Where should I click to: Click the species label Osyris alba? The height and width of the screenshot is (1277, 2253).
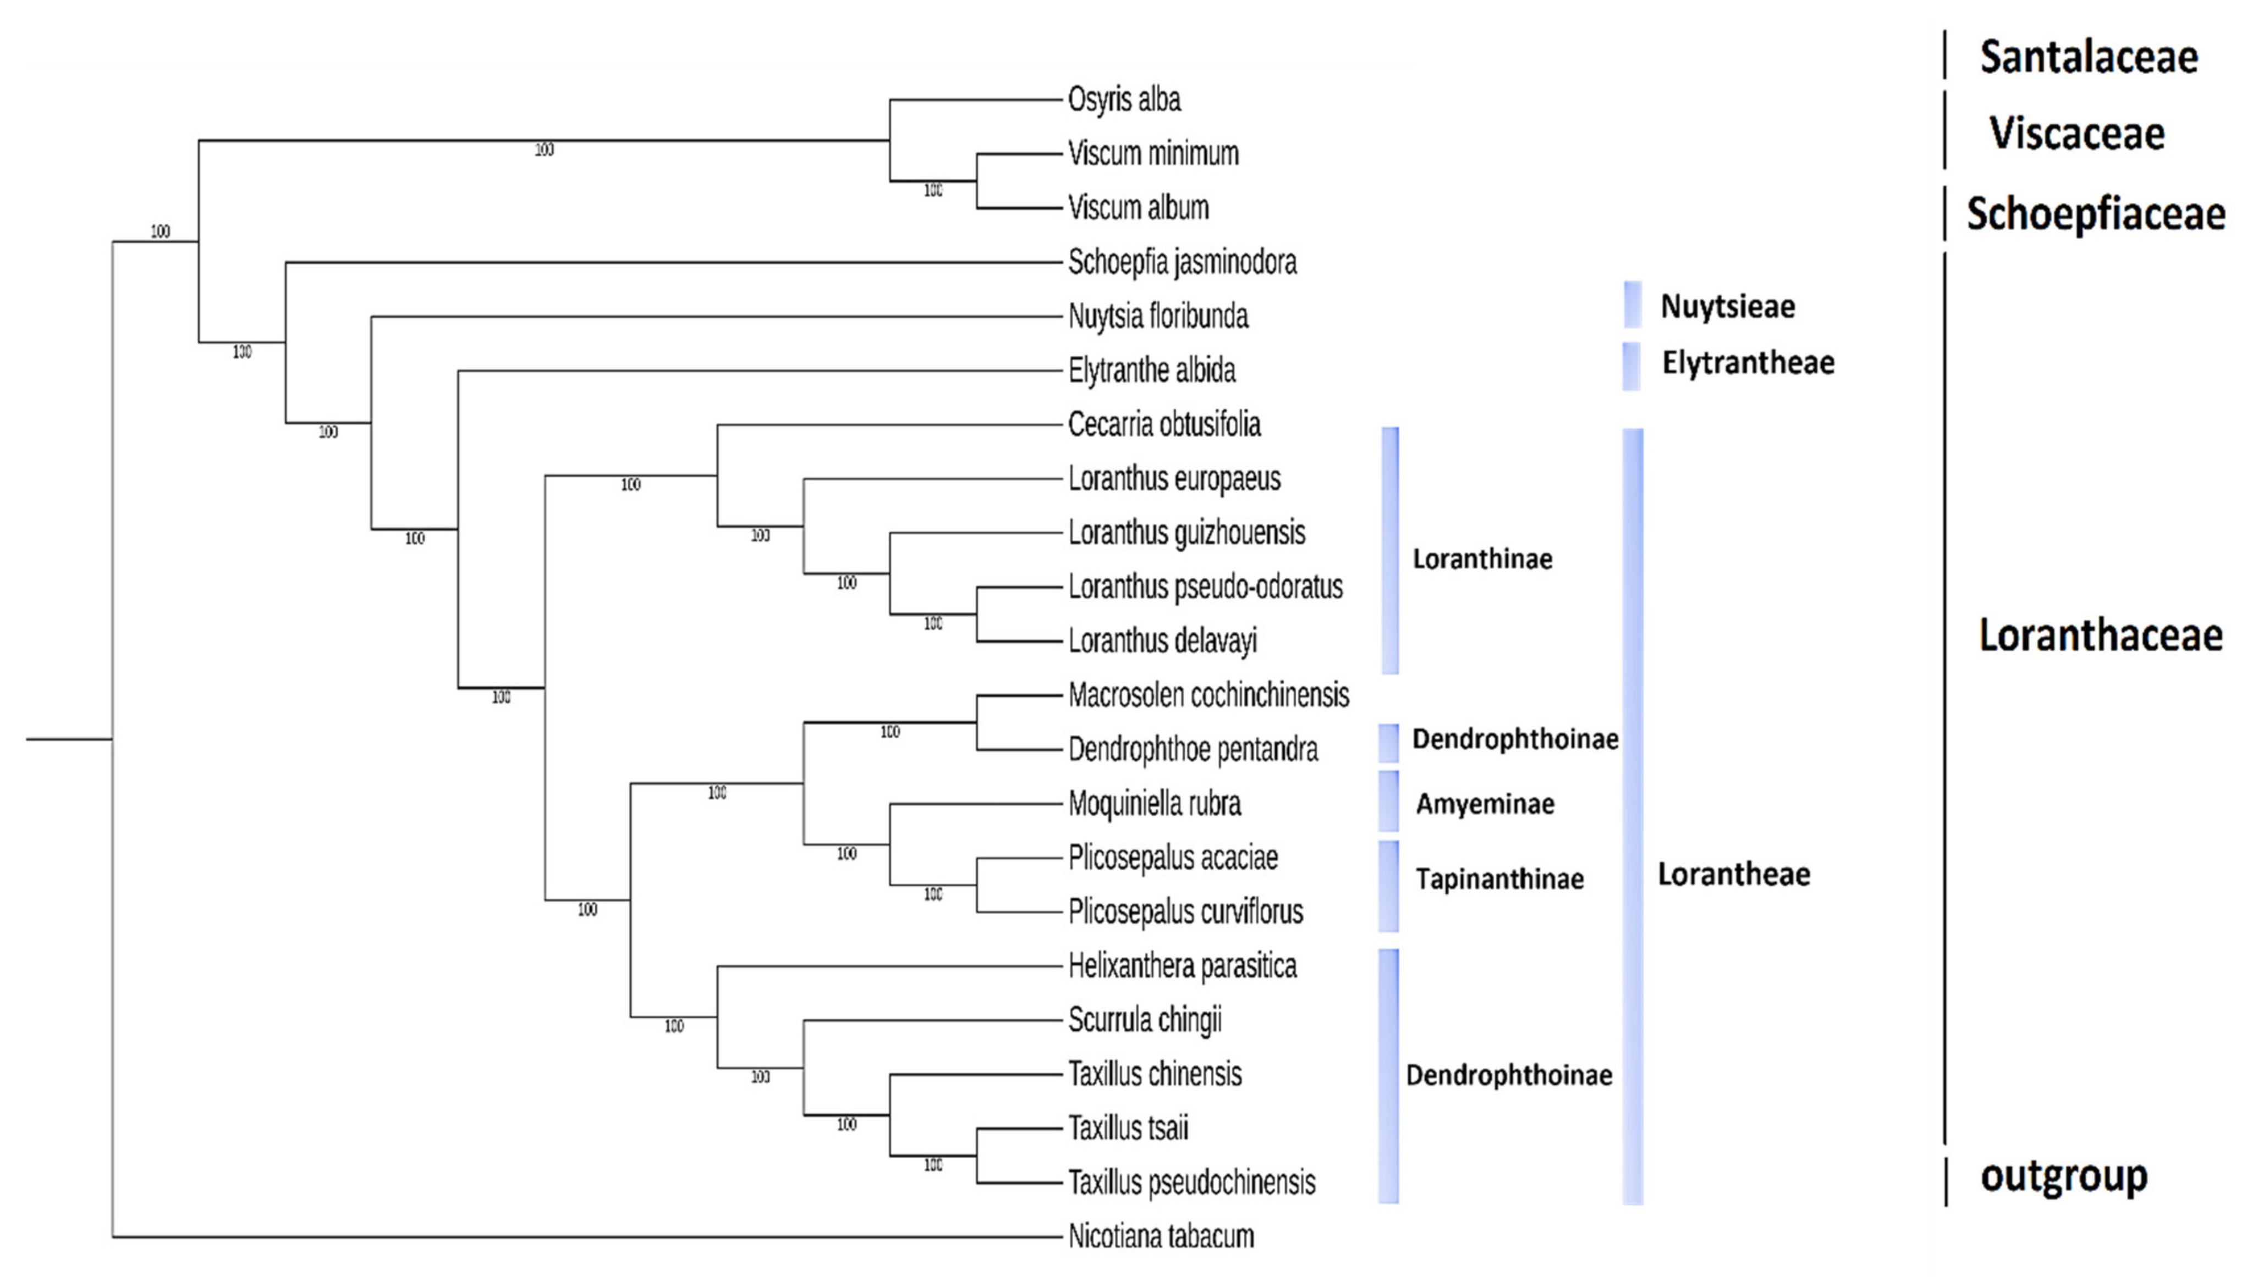(1124, 100)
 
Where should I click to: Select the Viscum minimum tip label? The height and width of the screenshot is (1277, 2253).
(1153, 154)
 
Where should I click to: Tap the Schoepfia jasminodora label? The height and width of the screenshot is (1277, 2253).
(1182, 262)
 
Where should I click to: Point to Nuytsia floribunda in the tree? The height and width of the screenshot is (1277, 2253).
(1158, 317)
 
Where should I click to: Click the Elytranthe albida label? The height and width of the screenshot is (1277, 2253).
(1151, 371)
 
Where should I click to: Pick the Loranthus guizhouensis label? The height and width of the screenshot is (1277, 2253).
(1186, 533)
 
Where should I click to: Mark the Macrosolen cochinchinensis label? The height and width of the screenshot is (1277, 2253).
(1208, 695)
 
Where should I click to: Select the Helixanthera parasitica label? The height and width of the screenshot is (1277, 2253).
(1182, 966)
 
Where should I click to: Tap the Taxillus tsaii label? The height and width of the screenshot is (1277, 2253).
(1128, 1129)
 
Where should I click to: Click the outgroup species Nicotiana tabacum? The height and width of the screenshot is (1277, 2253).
(1161, 1237)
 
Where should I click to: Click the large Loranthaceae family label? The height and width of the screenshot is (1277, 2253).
(2100, 635)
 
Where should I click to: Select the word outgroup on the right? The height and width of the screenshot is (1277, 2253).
(2063, 1176)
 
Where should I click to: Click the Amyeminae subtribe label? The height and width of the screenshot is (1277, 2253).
(1485, 804)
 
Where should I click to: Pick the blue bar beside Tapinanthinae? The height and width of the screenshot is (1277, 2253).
(1388, 886)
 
